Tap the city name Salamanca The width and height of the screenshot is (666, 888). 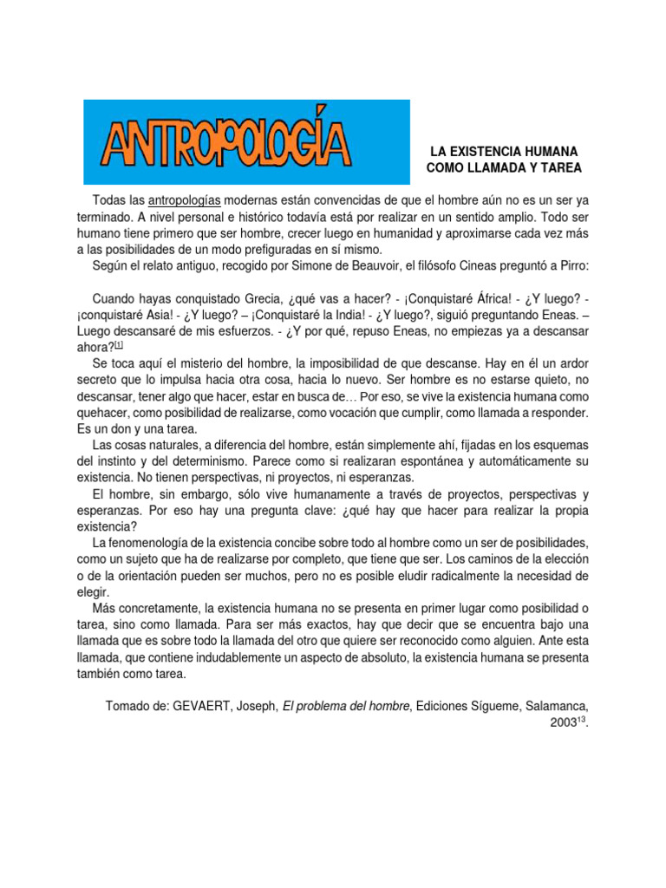coord(552,706)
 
